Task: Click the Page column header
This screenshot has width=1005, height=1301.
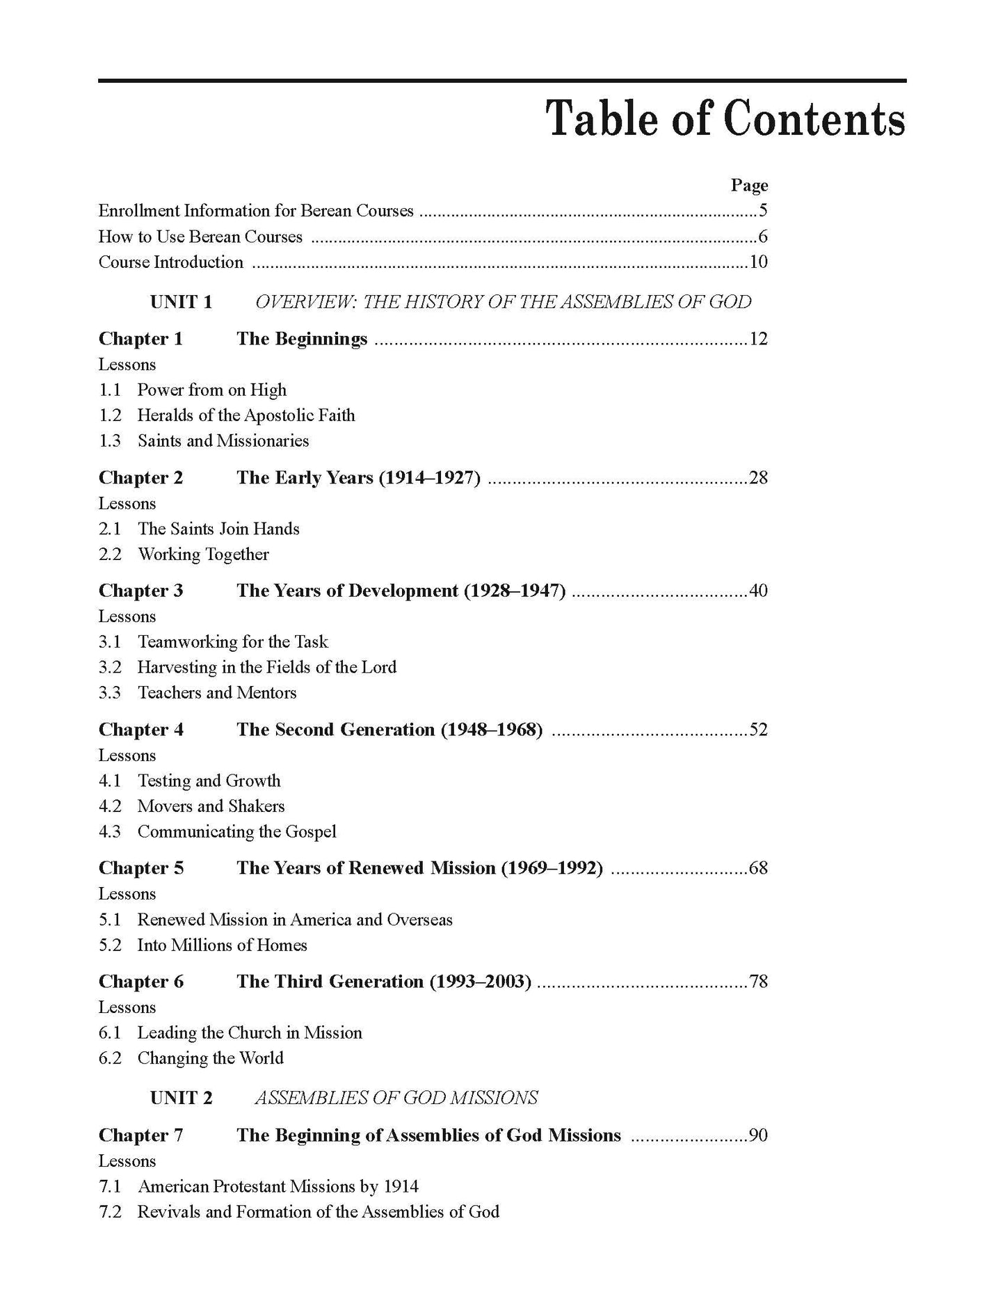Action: click(749, 185)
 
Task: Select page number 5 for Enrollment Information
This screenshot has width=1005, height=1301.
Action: click(763, 211)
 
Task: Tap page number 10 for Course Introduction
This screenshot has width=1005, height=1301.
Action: click(758, 262)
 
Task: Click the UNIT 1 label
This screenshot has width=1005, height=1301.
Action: click(181, 302)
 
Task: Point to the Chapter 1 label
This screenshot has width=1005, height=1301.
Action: click(140, 339)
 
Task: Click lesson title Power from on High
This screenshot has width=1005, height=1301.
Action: click(211, 390)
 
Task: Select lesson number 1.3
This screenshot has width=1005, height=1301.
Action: click(110, 440)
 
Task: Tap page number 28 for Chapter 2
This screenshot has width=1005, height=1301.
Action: click(758, 478)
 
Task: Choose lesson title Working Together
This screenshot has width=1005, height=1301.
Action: click(203, 554)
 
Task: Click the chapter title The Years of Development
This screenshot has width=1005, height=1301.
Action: click(401, 591)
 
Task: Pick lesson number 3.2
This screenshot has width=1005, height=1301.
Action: click(110, 667)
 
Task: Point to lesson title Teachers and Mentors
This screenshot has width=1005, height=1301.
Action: click(217, 692)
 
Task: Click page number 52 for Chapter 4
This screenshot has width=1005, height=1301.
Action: click(758, 730)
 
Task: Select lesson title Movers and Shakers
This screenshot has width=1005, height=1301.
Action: click(211, 806)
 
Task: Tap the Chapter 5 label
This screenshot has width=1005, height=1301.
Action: click(141, 868)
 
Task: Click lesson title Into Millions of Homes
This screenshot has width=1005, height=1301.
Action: click(222, 945)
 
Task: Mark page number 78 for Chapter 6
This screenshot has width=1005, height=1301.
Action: click(758, 982)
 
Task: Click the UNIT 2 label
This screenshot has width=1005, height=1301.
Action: click(181, 1098)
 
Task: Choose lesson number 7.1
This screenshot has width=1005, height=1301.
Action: click(110, 1186)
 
